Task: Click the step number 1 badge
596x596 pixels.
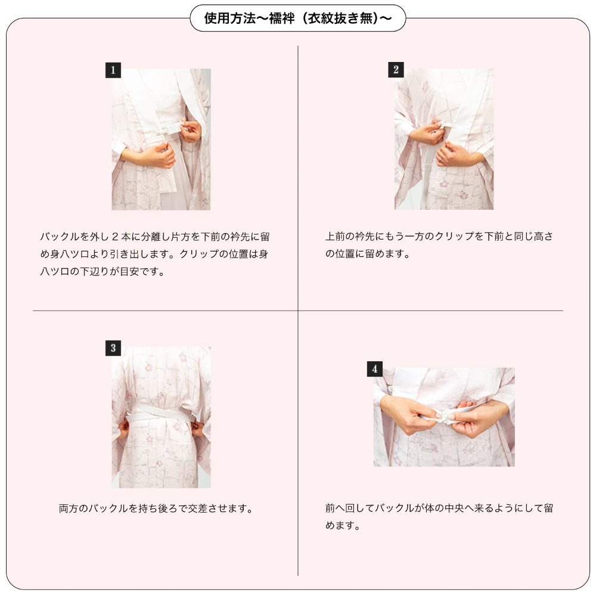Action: (113, 71)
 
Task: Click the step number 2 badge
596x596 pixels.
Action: (396, 70)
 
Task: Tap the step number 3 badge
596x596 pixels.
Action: (113, 349)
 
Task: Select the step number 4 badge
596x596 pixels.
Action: (374, 370)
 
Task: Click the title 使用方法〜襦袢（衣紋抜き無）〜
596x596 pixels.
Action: (297, 18)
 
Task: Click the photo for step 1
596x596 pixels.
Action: (161, 139)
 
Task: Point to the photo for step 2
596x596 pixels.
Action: (444, 139)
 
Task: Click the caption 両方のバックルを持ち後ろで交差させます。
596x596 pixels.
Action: (157, 509)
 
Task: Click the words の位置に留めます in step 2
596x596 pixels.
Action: (368, 254)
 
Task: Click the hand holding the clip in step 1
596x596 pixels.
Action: (190, 131)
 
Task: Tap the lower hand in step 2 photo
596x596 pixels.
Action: (455, 156)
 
